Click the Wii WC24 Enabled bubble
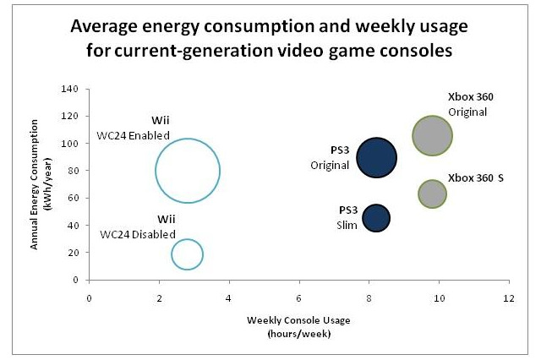click(188, 170)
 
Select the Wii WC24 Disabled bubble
click(187, 254)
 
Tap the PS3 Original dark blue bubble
click(377, 157)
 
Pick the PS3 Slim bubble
click(376, 218)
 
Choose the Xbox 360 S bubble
click(432, 194)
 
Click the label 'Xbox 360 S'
click(476, 178)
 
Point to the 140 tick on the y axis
click(74, 90)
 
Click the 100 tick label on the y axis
click(74, 144)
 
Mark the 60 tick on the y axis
click(77, 199)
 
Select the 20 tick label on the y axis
click(77, 253)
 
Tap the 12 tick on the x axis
click(508, 298)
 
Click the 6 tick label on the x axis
click(299, 298)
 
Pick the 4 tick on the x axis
click(229, 298)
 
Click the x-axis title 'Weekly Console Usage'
click(298, 320)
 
